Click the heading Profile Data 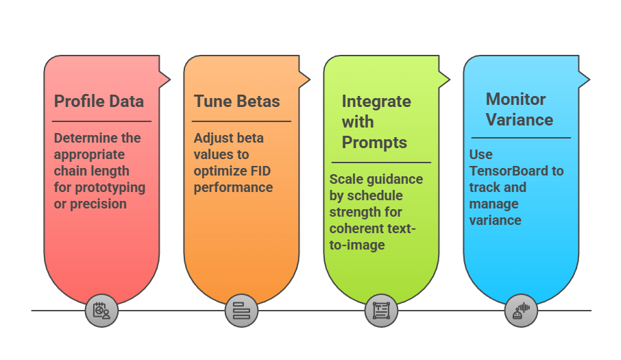pyautogui.click(x=99, y=101)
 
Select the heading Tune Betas pyautogui.click(x=236, y=101)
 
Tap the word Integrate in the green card pyautogui.click(x=376, y=101)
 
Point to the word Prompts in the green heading pyautogui.click(x=374, y=143)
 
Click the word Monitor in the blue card pyautogui.click(x=515, y=99)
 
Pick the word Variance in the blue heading pyautogui.click(x=519, y=119)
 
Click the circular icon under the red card pyautogui.click(x=101, y=311)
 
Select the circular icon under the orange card pyautogui.click(x=241, y=311)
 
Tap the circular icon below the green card pyautogui.click(x=381, y=311)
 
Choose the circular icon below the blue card pyautogui.click(x=521, y=311)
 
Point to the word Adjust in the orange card pyautogui.click(x=212, y=138)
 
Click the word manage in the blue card pyautogui.click(x=494, y=204)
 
